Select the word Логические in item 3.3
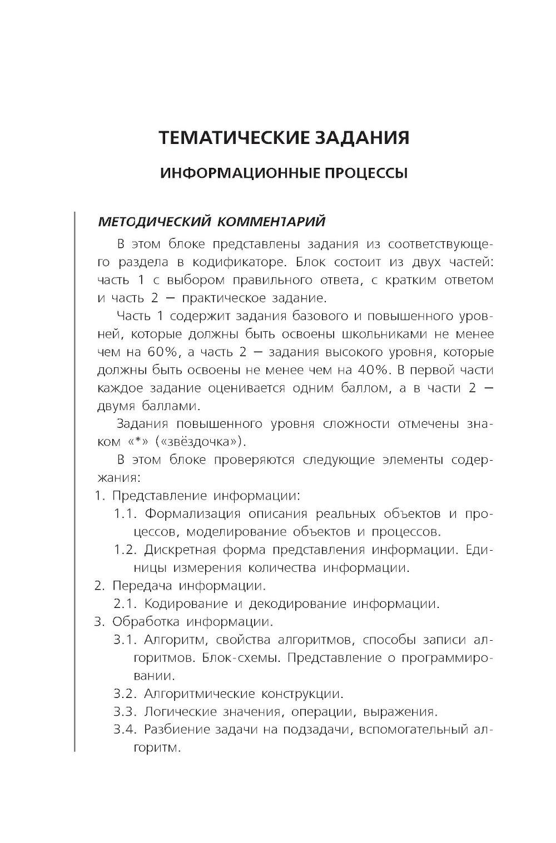point(178,711)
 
